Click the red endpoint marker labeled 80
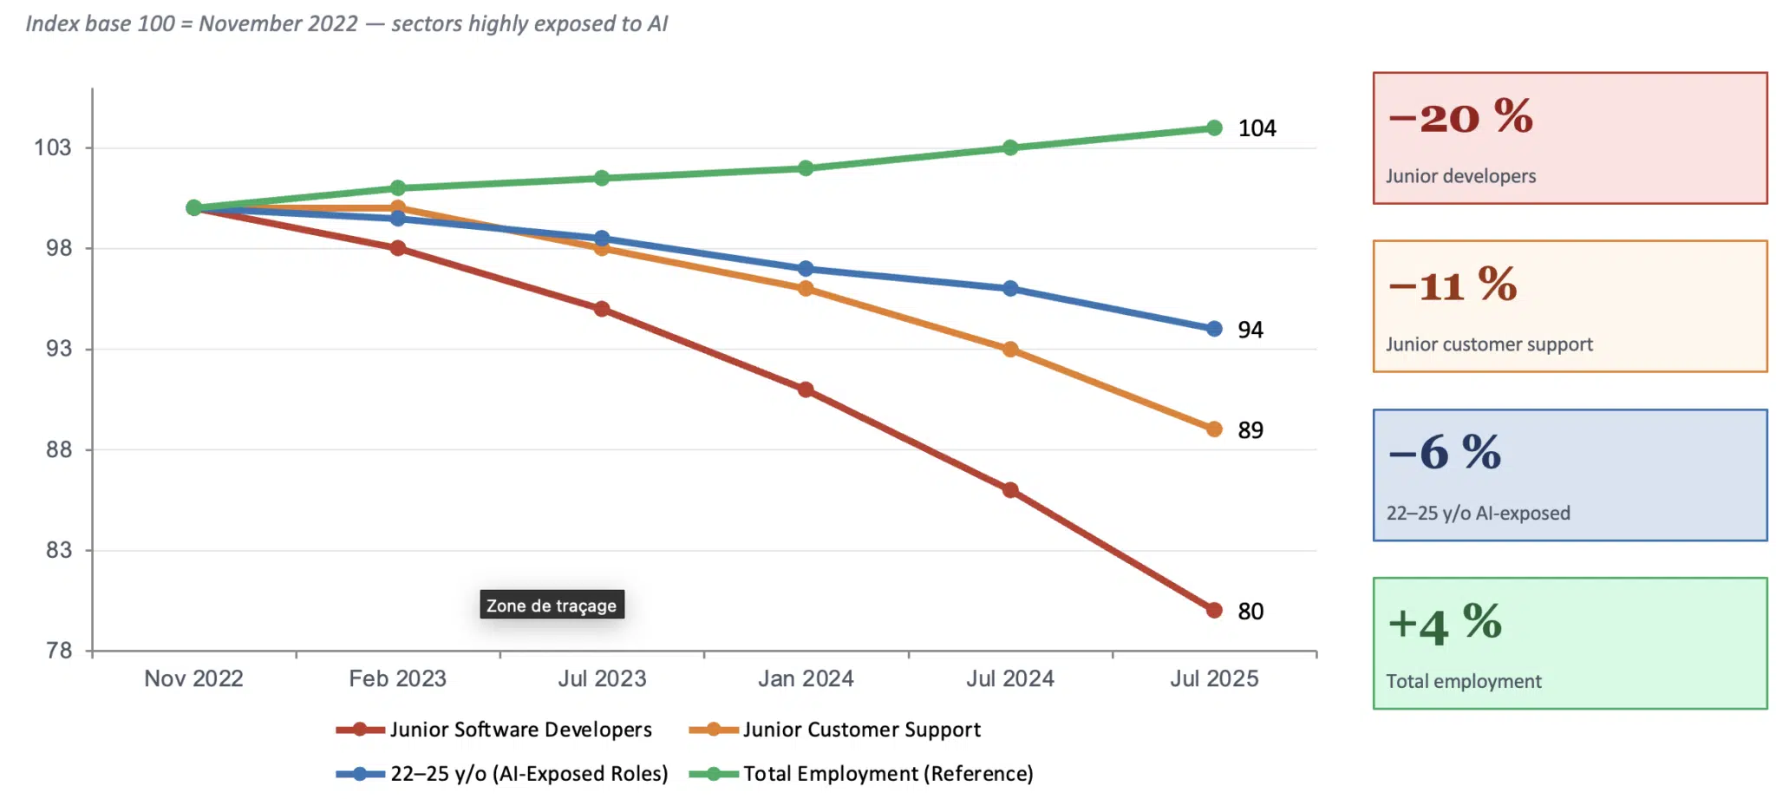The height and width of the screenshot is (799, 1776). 1214,610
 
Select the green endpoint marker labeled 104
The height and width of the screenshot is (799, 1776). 1214,128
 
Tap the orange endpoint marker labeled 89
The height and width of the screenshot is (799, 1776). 1214,429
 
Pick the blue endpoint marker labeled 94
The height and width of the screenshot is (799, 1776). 1214,329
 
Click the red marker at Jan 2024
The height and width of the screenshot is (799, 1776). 806,390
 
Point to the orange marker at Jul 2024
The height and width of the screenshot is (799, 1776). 1010,350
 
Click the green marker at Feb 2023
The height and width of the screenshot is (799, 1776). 398,188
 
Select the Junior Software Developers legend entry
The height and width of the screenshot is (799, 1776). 494,730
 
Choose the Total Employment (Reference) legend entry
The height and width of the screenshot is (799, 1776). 861,773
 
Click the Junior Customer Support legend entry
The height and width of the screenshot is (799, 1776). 835,730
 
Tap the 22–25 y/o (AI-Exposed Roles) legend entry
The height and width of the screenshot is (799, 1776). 502,773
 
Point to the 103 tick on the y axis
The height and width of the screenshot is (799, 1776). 53,147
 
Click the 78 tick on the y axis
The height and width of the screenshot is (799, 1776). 59,650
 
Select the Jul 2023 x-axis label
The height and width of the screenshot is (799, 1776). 602,678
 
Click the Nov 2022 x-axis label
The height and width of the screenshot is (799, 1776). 193,678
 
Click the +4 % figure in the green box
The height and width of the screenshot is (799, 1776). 1445,624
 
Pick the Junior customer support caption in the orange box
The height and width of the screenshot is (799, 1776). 1489,344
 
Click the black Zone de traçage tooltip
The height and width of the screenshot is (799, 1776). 552,605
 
